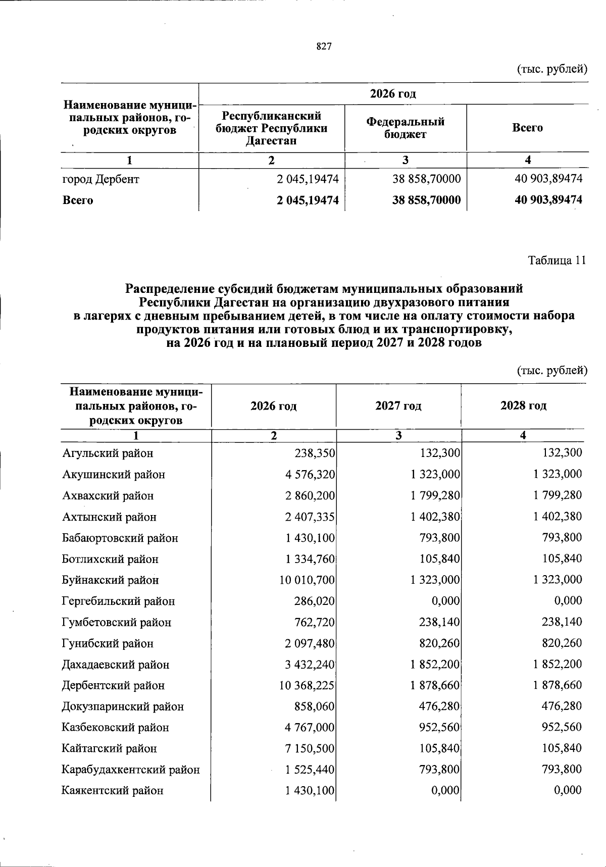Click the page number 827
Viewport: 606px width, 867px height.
(x=324, y=47)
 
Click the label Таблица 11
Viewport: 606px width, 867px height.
(x=557, y=261)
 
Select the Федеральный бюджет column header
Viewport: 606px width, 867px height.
(x=405, y=128)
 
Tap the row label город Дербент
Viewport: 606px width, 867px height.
(x=100, y=179)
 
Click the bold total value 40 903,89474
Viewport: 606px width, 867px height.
(x=548, y=200)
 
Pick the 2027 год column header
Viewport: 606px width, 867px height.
(x=398, y=406)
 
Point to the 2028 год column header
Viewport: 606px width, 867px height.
(x=523, y=406)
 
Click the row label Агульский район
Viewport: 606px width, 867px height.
(x=108, y=453)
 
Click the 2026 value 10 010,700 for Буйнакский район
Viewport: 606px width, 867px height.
(x=307, y=580)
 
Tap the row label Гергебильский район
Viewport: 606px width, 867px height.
(x=118, y=601)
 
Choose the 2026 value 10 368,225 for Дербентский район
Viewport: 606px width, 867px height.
(x=307, y=686)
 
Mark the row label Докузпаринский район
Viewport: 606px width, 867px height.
(x=123, y=707)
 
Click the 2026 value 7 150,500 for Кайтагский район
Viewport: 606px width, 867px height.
(x=310, y=749)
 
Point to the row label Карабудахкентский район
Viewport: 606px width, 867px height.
(x=131, y=770)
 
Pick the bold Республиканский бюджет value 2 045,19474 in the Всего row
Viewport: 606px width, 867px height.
(x=308, y=200)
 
